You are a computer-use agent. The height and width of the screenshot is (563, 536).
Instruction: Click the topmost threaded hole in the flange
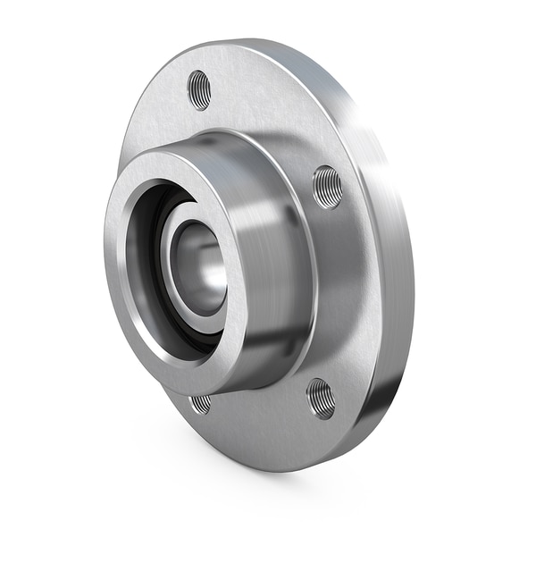(199, 90)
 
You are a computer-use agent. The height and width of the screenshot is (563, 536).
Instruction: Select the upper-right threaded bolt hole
(327, 187)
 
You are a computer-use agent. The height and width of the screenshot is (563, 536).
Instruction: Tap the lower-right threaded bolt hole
(321, 398)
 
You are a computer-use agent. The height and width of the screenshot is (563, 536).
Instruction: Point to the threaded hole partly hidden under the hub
(202, 403)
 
